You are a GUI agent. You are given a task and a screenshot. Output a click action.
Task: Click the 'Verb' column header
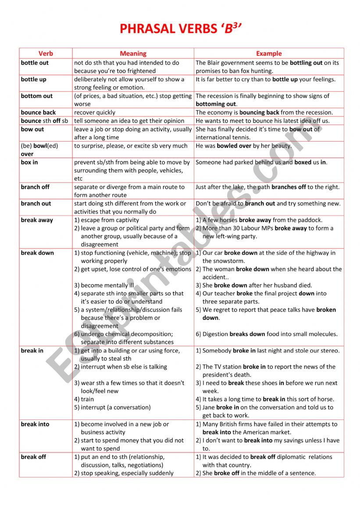pyautogui.click(x=46, y=53)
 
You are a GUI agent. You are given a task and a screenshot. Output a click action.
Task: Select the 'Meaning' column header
pyautogui.click(x=133, y=53)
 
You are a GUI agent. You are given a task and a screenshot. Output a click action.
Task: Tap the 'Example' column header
pyautogui.click(x=269, y=53)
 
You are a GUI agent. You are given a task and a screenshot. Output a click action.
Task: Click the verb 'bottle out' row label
pyautogui.click(x=35, y=63)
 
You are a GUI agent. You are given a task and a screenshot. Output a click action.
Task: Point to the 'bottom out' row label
pyautogui.click(x=36, y=96)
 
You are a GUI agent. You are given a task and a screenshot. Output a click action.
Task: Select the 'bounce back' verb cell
pyautogui.click(x=38, y=113)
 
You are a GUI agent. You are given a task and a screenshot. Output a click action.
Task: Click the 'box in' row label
pyautogui.click(x=29, y=162)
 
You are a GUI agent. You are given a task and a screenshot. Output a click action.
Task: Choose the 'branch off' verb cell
pyautogui.click(x=35, y=187)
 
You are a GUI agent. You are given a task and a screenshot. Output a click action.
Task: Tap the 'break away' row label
pyautogui.click(x=37, y=220)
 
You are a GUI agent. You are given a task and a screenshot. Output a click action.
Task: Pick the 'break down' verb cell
pyautogui.click(x=37, y=253)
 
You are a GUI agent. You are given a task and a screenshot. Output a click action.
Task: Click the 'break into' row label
pyautogui.click(x=35, y=424)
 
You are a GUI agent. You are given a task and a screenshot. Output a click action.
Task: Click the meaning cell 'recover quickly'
pyautogui.click(x=95, y=113)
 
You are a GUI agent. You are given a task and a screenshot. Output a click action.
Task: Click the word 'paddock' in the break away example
pyautogui.click(x=309, y=220)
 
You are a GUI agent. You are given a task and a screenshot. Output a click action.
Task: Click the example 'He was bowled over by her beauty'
pyautogui.click(x=243, y=146)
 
